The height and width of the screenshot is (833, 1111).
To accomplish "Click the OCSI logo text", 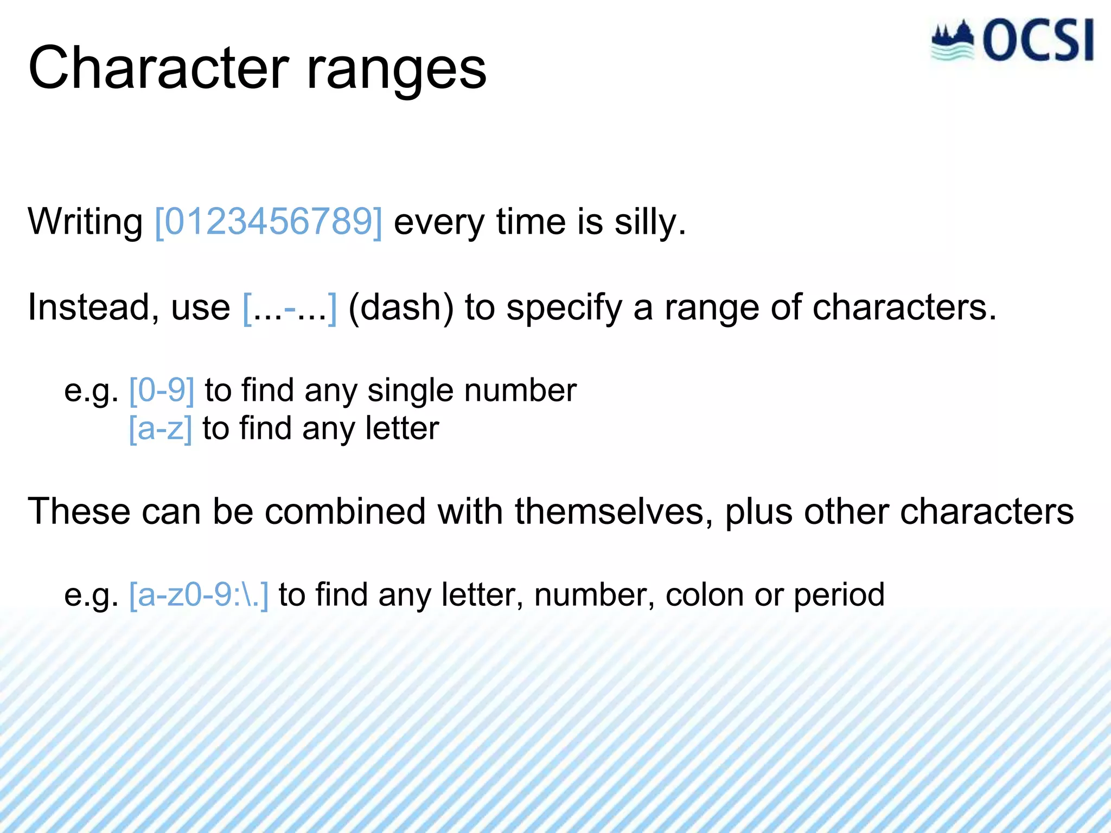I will click(x=1037, y=41).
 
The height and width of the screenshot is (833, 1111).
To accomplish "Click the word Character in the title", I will click(x=158, y=69).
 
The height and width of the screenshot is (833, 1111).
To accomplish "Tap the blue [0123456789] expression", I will click(x=269, y=222).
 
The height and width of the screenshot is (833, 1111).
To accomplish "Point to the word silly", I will click(x=649, y=223).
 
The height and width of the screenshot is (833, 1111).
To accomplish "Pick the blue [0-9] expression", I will click(x=162, y=390).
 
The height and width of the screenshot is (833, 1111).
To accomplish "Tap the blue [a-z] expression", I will click(x=161, y=429).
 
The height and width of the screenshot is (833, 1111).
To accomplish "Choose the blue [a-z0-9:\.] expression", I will click(x=199, y=595).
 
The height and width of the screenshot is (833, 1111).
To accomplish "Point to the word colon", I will click(x=704, y=595).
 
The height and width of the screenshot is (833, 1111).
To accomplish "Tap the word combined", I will click(x=345, y=511).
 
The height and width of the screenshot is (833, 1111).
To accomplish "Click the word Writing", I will click(x=85, y=223).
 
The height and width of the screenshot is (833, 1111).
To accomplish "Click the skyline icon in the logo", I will click(x=953, y=41).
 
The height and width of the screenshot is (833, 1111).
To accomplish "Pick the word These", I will click(x=79, y=511).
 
